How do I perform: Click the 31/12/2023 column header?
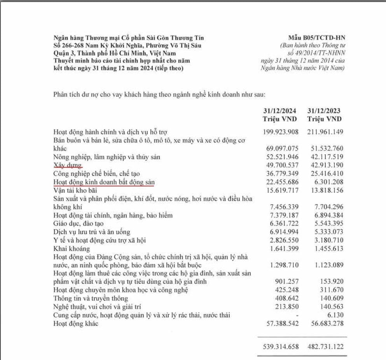tap(325, 111)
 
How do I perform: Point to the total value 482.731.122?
tap(325, 346)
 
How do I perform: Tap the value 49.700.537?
tap(281, 165)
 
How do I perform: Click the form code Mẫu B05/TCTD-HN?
tap(317, 38)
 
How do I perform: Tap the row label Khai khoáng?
tap(72, 248)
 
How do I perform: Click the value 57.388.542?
tap(281, 323)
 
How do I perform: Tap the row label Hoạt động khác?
tap(76, 323)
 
